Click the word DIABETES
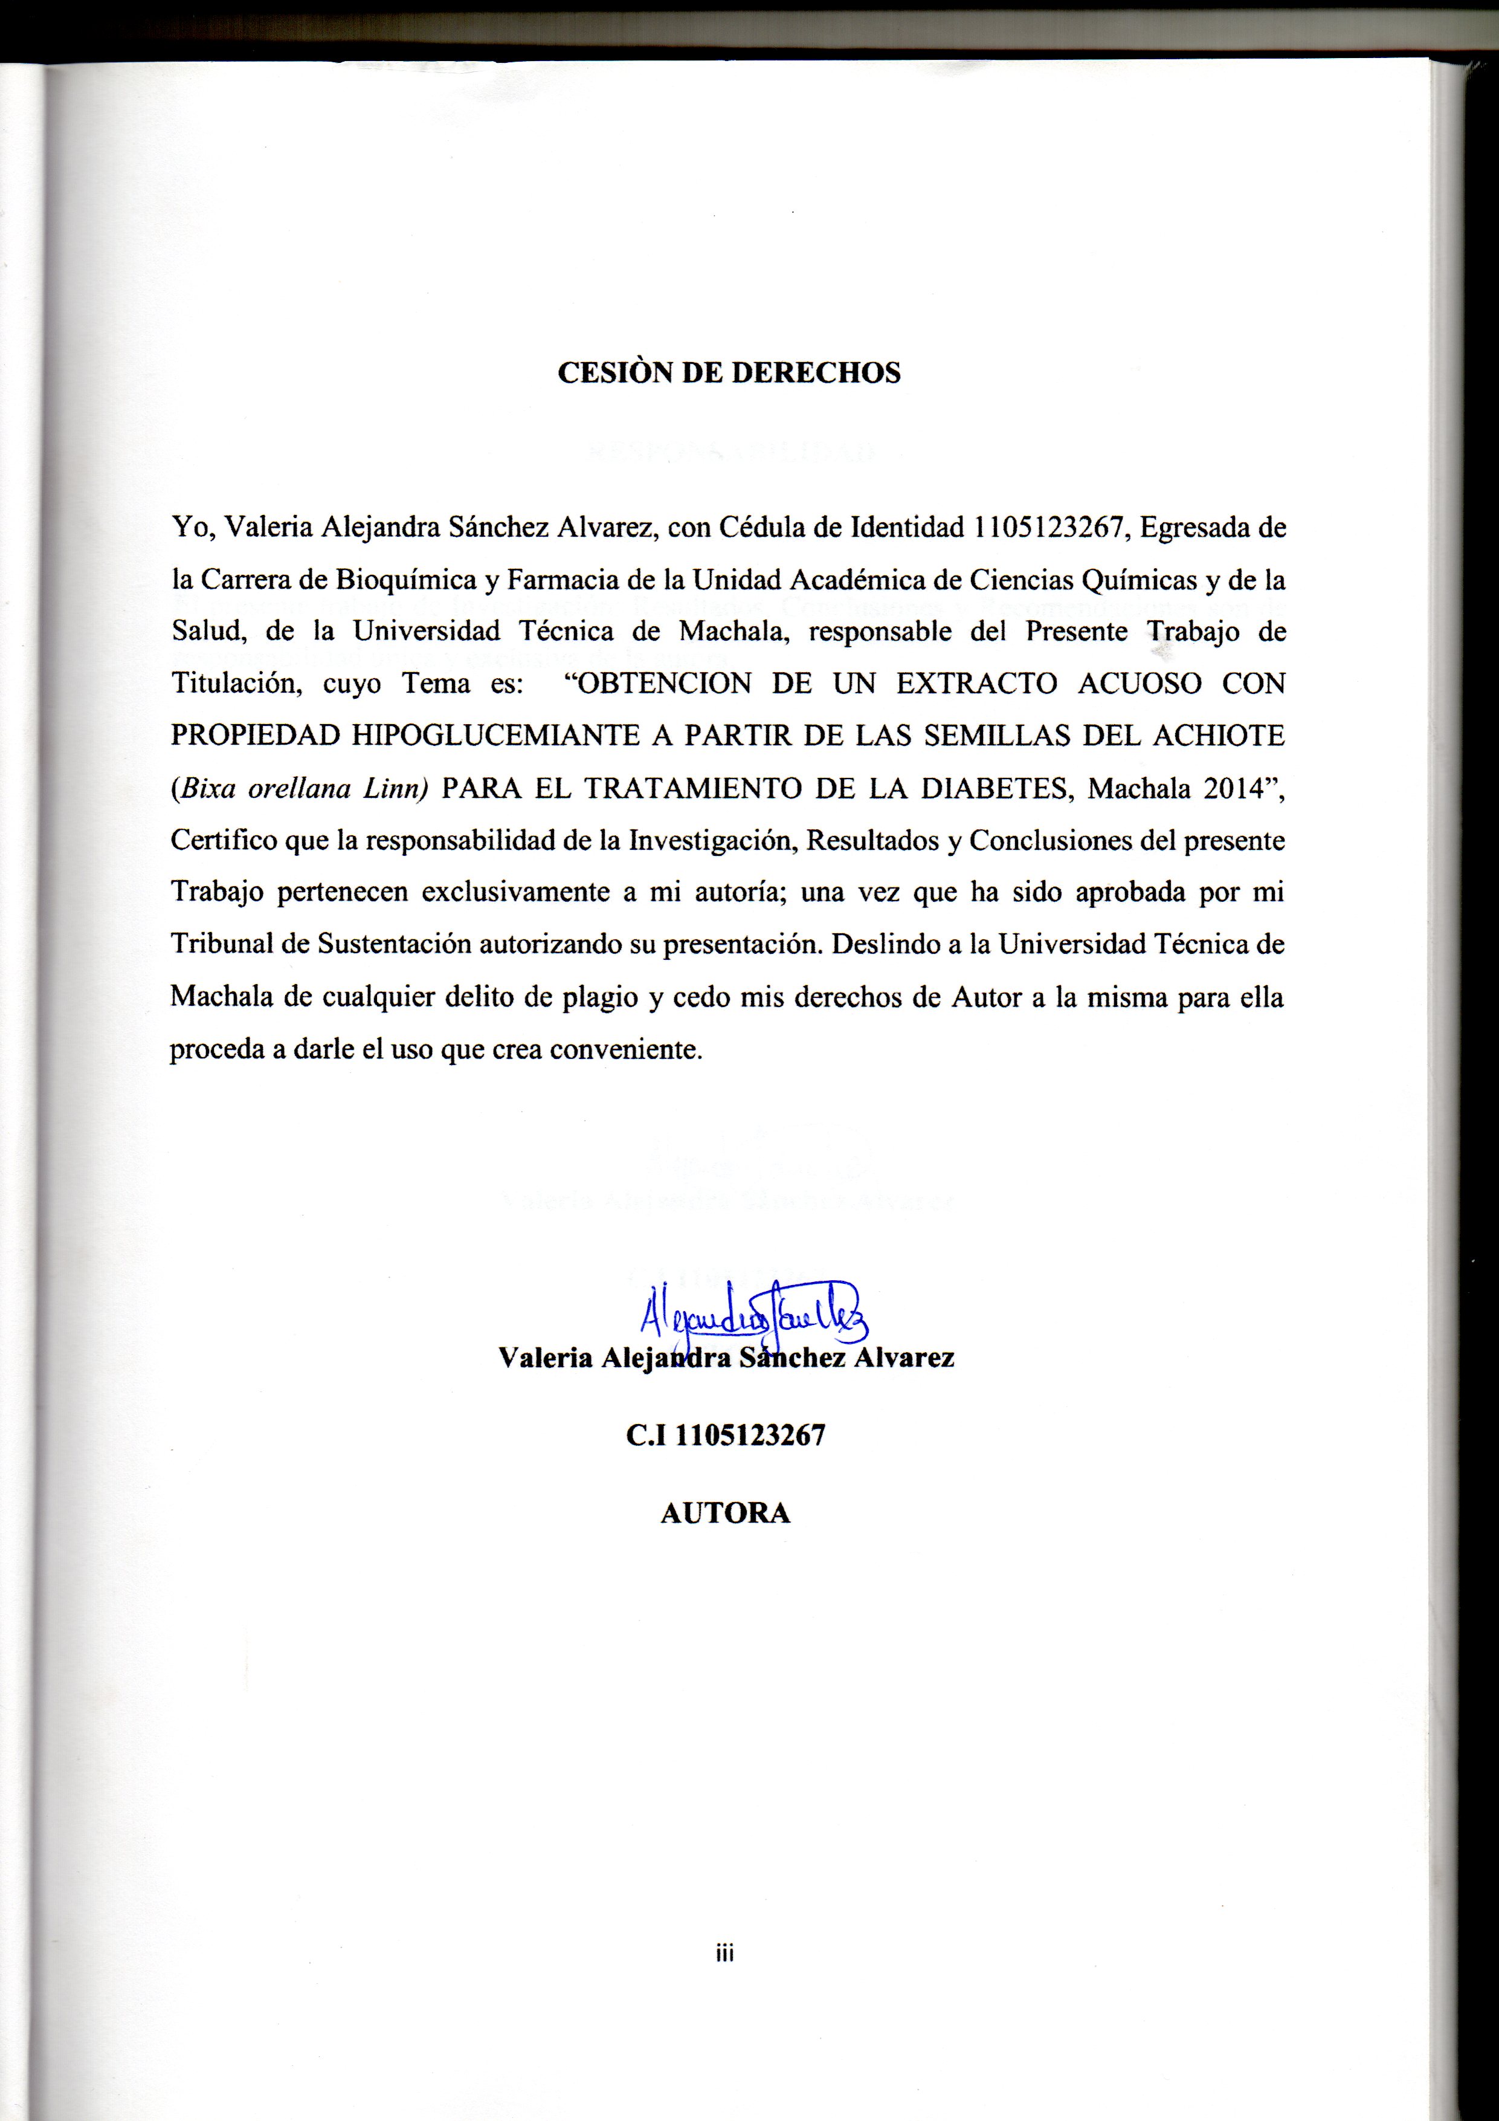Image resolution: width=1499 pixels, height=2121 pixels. pyautogui.click(x=1004, y=788)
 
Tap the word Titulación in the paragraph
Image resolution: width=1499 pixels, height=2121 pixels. pyautogui.click(x=236, y=684)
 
